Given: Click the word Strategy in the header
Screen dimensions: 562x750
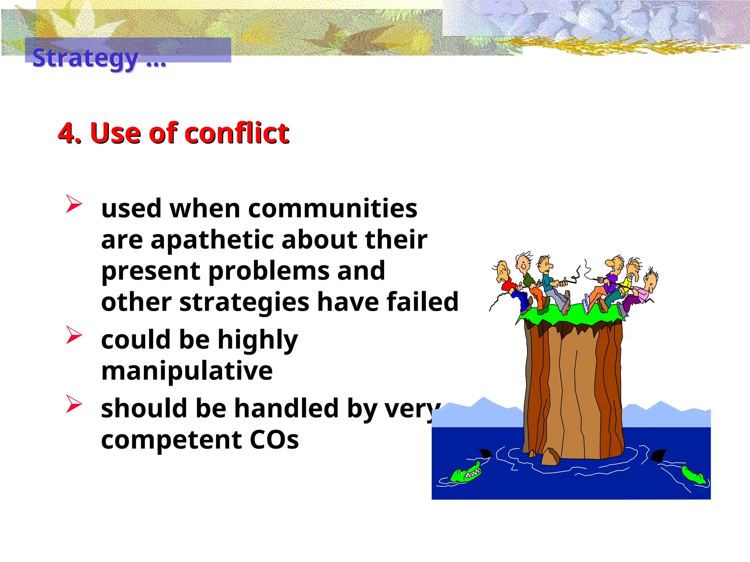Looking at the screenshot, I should point(85,58).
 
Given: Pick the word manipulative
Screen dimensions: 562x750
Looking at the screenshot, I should point(187,371).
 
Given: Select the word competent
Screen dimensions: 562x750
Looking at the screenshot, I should point(171,440).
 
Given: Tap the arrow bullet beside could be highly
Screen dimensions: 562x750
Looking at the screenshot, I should point(73,335).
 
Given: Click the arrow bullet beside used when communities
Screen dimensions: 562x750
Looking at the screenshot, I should point(73,204).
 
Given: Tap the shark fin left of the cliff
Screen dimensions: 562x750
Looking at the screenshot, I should point(485,454).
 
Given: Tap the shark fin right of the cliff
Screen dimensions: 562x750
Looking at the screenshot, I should point(658,455).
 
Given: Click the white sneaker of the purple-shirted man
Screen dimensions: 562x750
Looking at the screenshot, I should point(586,303).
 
